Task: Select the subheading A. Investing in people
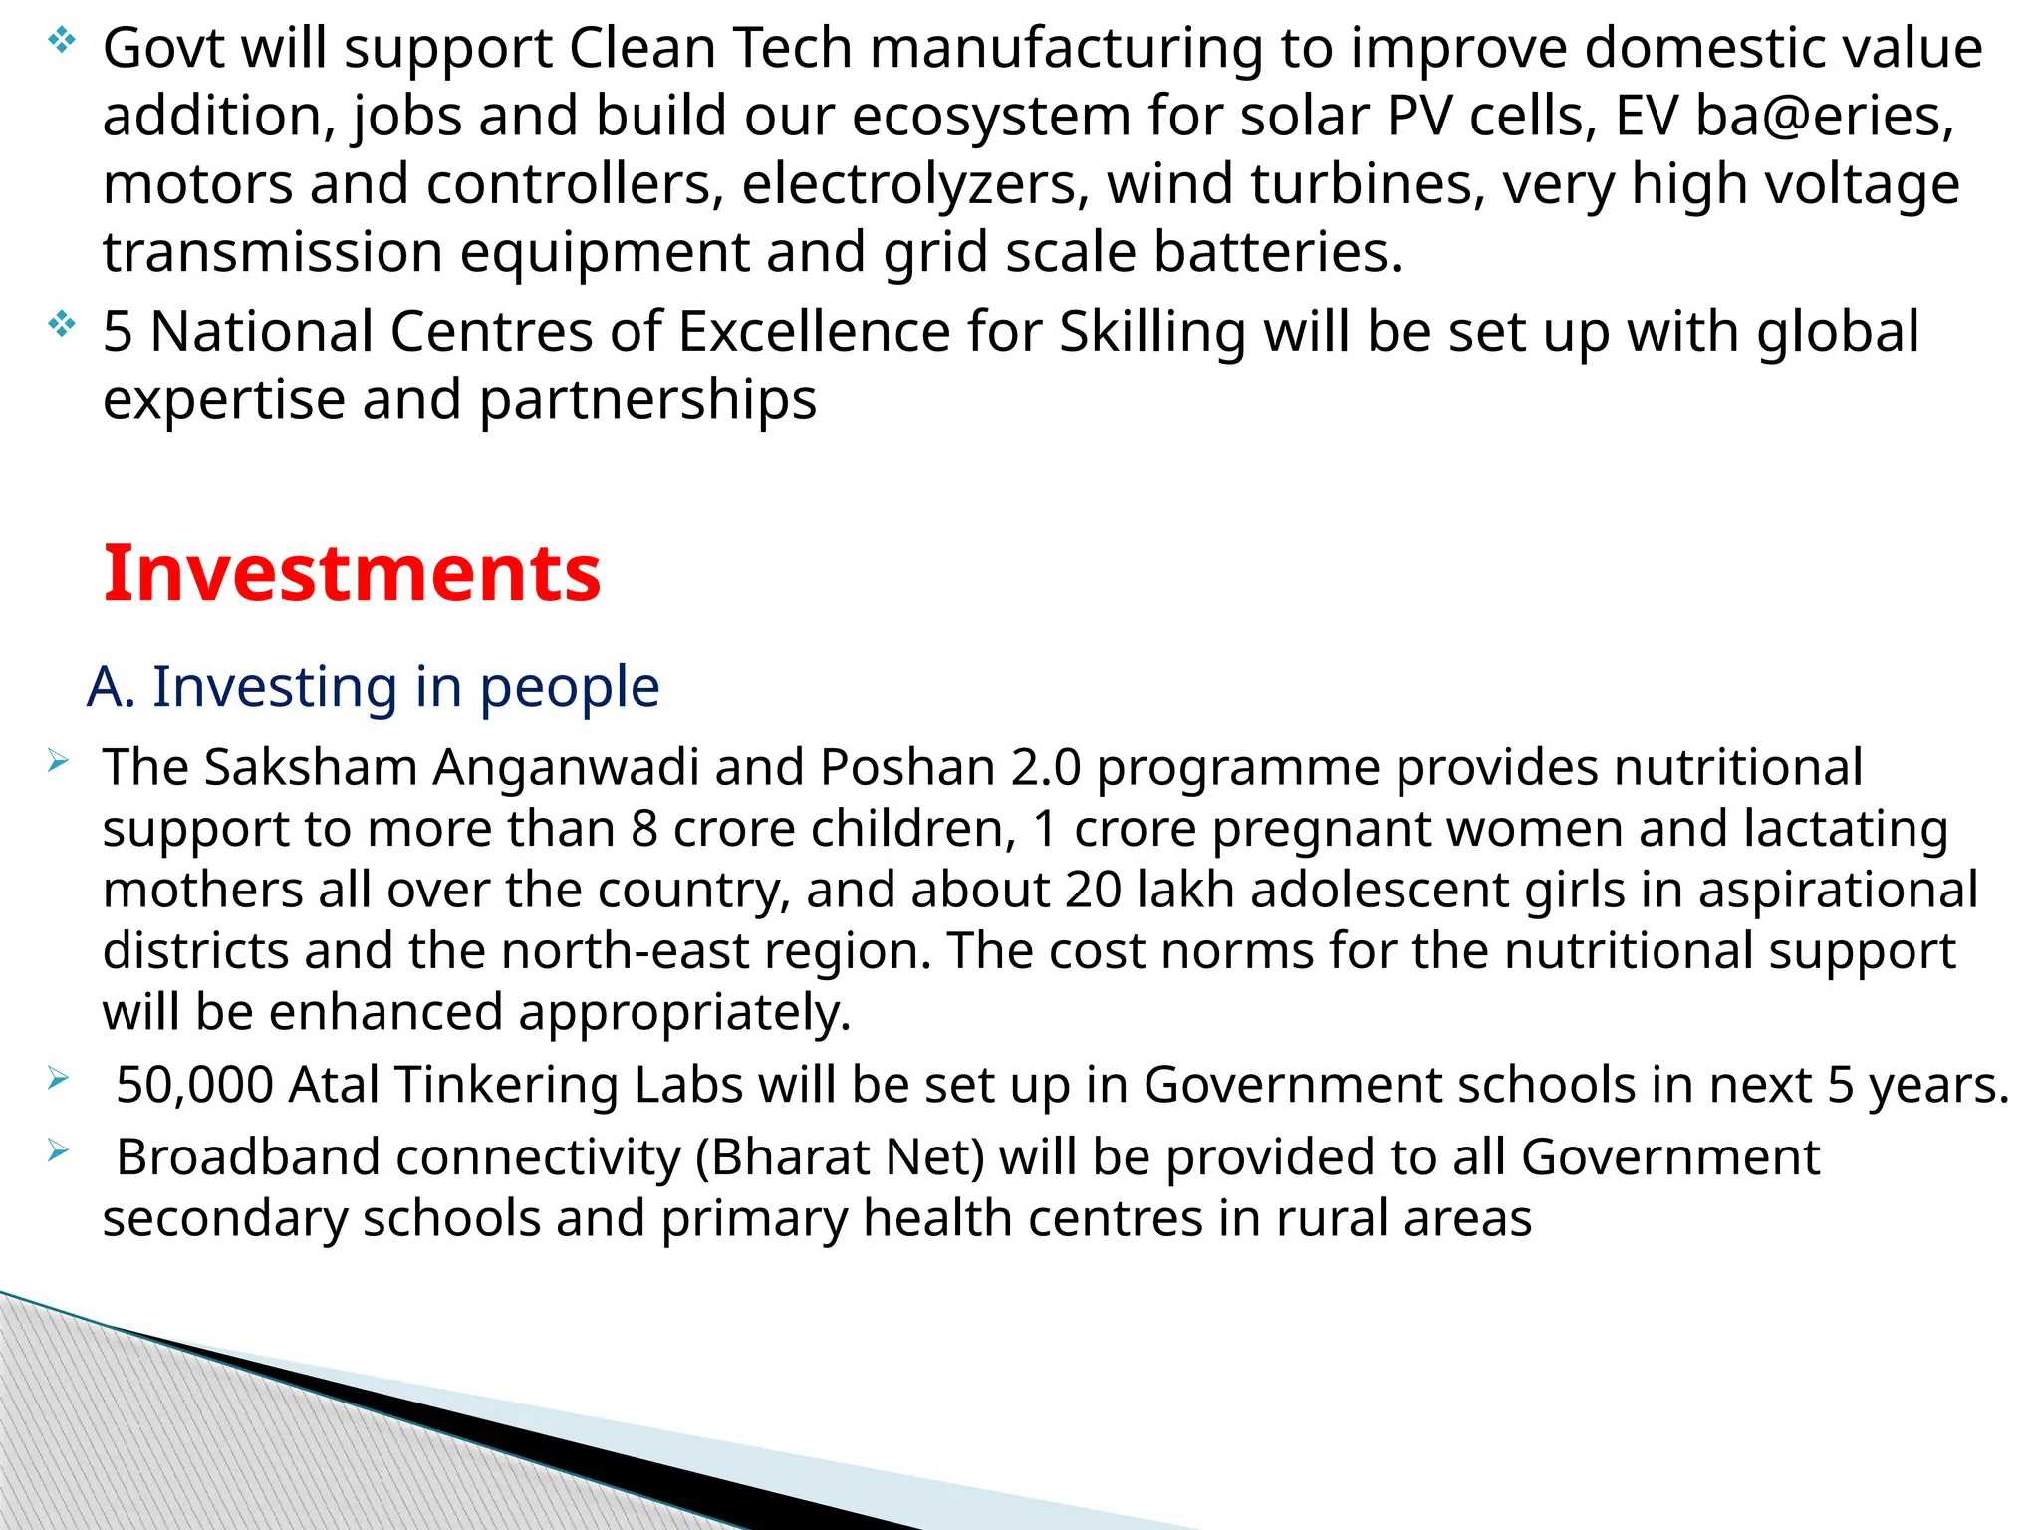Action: coord(373,687)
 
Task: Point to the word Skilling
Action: coord(1151,332)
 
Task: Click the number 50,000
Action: coord(194,1085)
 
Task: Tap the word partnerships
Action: coord(647,400)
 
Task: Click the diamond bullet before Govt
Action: coord(61,41)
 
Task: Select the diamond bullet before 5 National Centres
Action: coord(61,324)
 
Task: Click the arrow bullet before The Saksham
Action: coord(57,763)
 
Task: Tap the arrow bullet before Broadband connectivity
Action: coord(57,1151)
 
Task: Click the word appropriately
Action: coord(684,1013)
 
